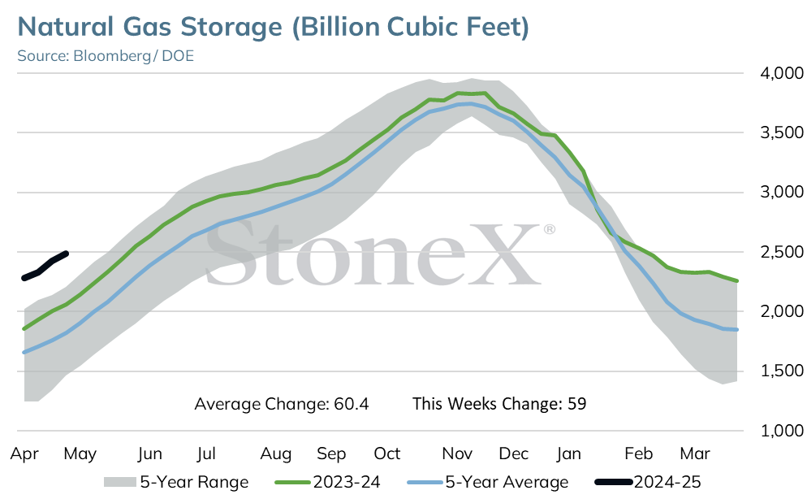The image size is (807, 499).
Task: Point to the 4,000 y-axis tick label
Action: point(781,73)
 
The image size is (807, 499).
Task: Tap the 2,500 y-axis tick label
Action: point(781,252)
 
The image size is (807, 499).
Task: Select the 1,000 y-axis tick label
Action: point(781,431)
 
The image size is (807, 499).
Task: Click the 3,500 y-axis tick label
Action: point(781,132)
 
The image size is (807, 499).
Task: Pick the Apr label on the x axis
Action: point(24,454)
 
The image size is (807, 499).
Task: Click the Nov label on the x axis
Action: point(457,453)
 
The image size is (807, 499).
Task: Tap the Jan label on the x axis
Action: point(568,453)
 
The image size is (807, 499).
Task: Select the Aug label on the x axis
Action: point(276,454)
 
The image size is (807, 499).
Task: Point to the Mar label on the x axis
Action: point(695,453)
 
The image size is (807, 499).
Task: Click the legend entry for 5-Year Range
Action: point(176,482)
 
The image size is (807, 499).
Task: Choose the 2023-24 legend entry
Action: point(327,482)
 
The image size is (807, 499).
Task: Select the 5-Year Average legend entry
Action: point(487,482)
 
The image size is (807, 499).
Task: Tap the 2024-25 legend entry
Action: point(648,482)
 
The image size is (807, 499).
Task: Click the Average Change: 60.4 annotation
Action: point(282,404)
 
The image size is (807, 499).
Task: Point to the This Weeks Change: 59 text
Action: point(499,404)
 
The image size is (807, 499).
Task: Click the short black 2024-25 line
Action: point(45,266)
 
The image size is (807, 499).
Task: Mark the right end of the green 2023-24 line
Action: point(737,280)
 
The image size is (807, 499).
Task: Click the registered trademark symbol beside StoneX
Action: point(549,228)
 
